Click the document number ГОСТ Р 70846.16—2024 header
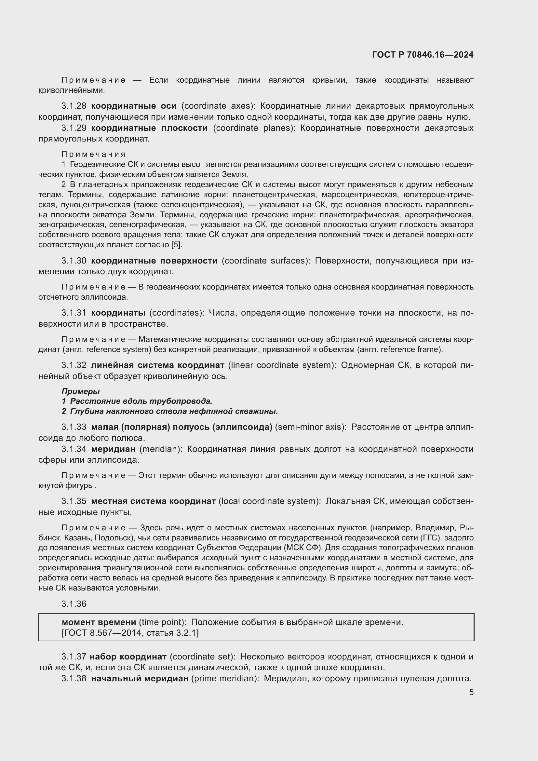click(x=423, y=55)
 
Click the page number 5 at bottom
click(x=471, y=692)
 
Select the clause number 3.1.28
click(x=74, y=106)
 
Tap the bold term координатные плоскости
click(x=149, y=128)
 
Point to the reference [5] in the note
click(x=176, y=245)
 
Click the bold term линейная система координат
click(x=158, y=365)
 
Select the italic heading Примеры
click(x=80, y=391)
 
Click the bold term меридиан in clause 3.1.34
click(x=113, y=449)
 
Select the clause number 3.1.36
click(x=74, y=604)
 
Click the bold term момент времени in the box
click(x=99, y=622)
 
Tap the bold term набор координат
click(x=128, y=657)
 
